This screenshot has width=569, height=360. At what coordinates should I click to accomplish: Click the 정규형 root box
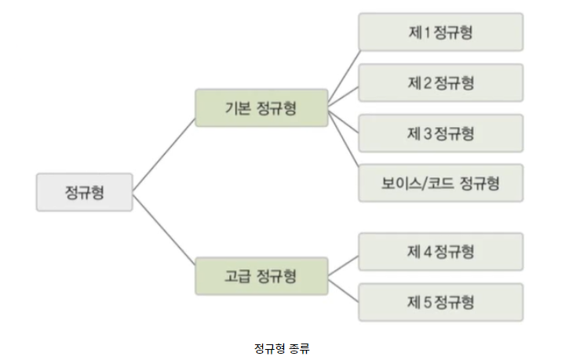[85, 192]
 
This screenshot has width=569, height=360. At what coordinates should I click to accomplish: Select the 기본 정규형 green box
[261, 108]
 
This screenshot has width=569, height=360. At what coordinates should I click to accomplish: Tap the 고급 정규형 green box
[261, 275]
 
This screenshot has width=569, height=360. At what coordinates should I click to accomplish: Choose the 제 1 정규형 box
[440, 33]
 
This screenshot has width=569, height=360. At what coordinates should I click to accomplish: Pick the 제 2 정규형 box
[440, 83]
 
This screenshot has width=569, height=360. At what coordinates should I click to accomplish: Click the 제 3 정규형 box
[440, 133]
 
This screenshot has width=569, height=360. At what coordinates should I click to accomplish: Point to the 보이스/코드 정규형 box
[440, 184]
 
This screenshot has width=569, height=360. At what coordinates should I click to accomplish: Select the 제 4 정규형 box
[440, 253]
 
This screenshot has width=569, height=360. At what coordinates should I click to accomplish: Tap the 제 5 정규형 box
[440, 301]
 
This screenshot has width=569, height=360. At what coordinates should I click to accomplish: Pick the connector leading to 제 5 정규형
[344, 289]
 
